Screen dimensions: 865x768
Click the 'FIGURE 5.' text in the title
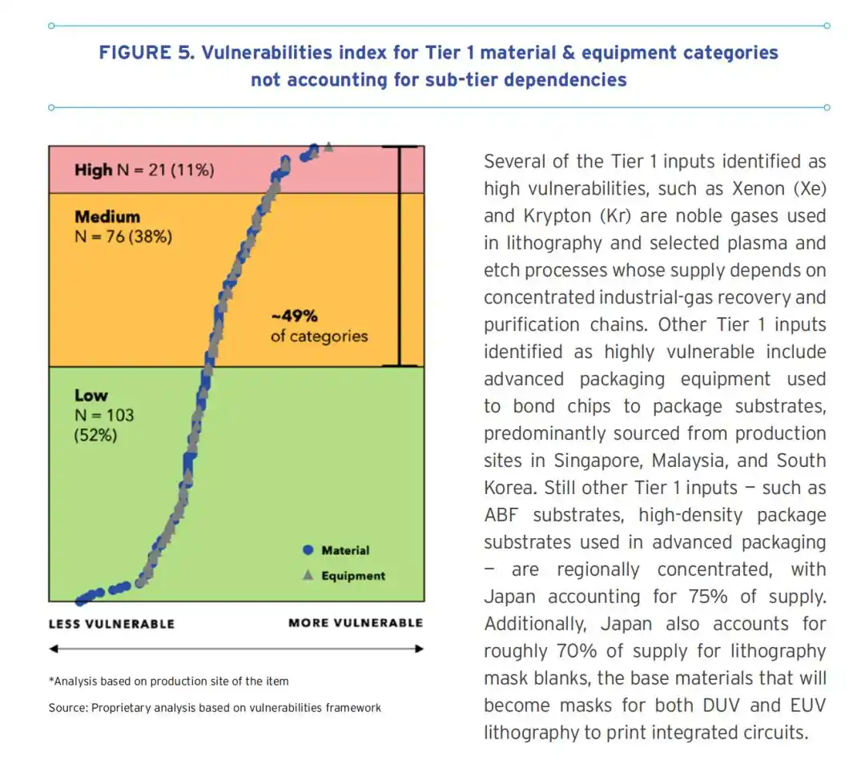pos(147,52)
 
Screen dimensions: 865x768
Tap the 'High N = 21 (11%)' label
pos(144,170)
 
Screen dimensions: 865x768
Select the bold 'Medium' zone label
pos(107,216)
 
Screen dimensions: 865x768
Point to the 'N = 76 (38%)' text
pos(123,237)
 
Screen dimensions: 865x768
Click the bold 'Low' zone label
pos(91,395)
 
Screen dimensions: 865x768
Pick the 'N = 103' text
pos(104,415)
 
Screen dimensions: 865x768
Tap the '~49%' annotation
pos(294,316)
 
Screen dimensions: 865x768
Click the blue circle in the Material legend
pos(308,549)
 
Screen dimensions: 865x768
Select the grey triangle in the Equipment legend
pos(308,575)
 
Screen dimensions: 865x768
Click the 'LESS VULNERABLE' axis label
pos(111,624)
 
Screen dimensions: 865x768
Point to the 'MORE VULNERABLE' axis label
pos(356,623)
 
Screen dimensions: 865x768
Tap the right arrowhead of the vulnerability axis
pos(420,649)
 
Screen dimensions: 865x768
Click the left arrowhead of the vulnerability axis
pos(53,649)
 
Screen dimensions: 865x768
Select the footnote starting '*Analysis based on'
pos(169,682)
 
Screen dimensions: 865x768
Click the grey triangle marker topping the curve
pos(328,147)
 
